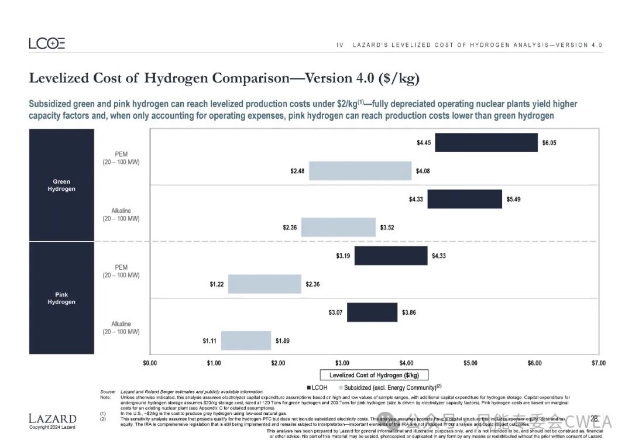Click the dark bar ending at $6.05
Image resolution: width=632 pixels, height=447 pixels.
pos(486,143)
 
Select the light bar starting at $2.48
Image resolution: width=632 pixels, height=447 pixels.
pos(360,171)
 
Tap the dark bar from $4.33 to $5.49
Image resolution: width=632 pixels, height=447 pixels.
pos(464,199)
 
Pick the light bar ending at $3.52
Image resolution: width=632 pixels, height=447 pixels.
pos(338,227)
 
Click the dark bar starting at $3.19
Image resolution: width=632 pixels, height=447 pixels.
pos(391,256)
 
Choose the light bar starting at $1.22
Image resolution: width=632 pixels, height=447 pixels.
pos(265,284)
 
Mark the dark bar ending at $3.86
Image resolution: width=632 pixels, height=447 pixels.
pos(372,312)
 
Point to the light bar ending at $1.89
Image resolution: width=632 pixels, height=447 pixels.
pos(246,340)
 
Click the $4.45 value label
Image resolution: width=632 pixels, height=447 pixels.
pos(424,143)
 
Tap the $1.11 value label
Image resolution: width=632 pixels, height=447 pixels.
pos(210,340)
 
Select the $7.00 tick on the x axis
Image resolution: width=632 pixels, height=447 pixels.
pos(598,363)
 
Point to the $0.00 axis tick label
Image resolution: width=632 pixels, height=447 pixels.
pos(150,363)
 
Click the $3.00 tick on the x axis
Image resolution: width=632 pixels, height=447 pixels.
pos(342,363)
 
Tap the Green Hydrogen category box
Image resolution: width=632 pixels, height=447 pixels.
pos(61,185)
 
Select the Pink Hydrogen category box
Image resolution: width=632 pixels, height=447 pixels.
pos(61,298)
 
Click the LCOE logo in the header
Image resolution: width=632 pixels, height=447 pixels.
pos(47,43)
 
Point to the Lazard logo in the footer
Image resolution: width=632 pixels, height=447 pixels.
pos(52,419)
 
